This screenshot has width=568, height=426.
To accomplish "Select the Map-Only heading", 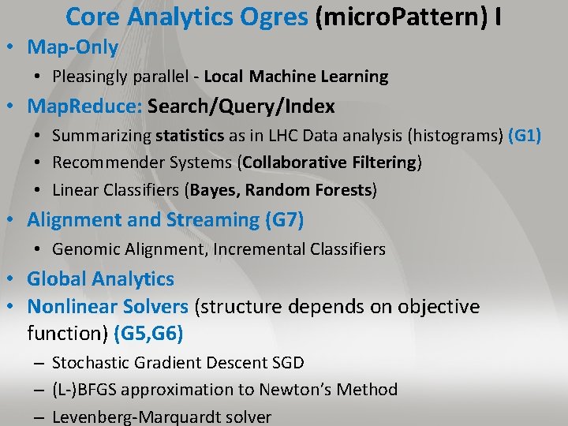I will pos(73,47).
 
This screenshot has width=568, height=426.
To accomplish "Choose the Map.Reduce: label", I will pos(84,106).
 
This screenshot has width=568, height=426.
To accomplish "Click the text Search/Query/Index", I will pos(241,106).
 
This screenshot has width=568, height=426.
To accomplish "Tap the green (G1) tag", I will pos(525,136).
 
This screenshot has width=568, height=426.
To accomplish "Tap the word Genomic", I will pos(83,249).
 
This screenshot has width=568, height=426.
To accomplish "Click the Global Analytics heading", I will pos(100,279).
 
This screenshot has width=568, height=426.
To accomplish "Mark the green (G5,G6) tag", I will pos(148,334).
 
